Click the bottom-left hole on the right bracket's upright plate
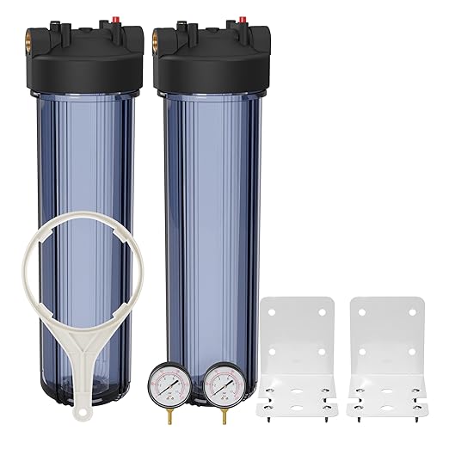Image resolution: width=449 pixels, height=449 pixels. click(363, 352)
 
